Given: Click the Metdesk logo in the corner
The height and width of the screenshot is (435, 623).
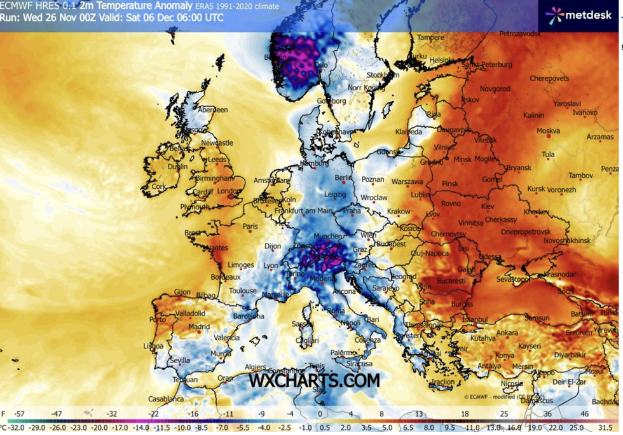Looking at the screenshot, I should pos(577,14).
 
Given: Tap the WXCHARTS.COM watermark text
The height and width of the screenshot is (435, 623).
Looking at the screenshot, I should pos(313,381).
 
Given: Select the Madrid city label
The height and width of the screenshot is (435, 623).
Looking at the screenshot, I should pos(198,327).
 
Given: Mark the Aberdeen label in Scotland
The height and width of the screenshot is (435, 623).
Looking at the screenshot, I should pos(212,109).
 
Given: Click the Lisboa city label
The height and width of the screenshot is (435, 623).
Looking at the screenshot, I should pos(153,346).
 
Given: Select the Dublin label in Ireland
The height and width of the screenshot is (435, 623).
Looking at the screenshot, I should pos(177,167).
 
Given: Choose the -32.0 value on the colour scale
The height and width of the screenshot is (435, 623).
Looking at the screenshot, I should pos(13,427).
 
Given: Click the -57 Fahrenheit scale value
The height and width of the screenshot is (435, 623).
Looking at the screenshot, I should pos(21,414).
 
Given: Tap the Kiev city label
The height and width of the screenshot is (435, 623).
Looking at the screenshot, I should pos(487,207).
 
